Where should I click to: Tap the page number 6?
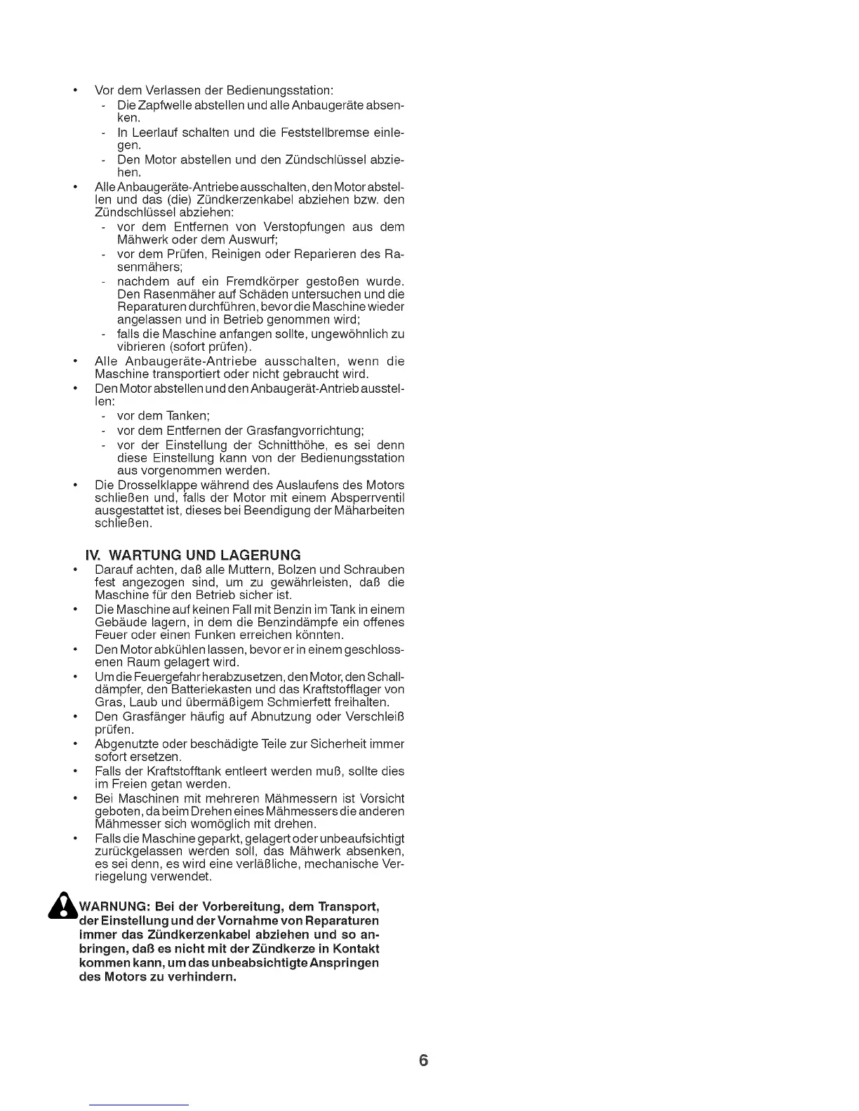423,1060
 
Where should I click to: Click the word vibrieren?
140,347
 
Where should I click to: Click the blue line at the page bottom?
140,1105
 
